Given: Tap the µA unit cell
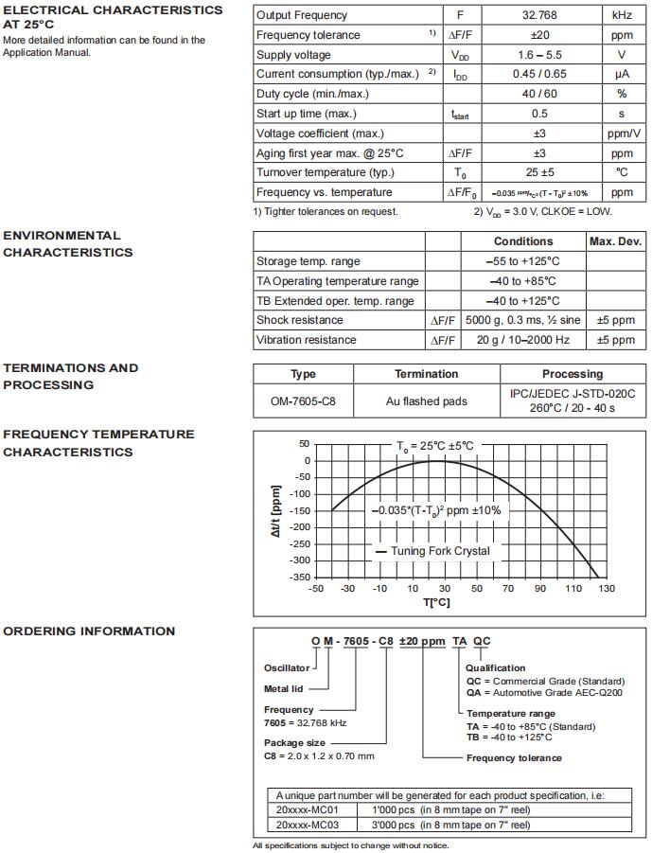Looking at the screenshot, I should click(622, 74).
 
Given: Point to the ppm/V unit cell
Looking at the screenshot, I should click(622, 133).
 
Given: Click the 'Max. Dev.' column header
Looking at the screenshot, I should click(616, 241).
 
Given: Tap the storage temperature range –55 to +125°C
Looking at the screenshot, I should click(523, 261).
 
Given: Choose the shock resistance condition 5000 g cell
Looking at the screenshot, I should click(523, 320).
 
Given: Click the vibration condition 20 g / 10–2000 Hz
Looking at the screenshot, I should click(523, 340).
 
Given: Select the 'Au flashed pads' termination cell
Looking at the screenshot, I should click(427, 401).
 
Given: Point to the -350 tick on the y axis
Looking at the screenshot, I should click(299, 578).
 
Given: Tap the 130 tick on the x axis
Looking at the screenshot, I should click(607, 589).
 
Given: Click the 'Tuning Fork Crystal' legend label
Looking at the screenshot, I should click(440, 551).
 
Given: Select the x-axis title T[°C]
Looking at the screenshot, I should click(436, 602).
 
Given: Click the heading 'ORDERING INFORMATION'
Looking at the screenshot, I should click(89, 631).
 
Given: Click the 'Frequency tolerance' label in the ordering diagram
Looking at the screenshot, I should click(514, 757).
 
